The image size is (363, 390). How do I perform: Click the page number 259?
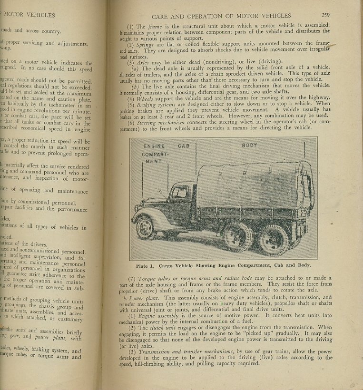(x=325, y=15)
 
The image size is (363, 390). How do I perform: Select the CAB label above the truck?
(x=183, y=146)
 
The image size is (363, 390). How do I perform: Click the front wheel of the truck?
(x=147, y=227)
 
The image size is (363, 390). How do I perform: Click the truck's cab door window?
(x=180, y=193)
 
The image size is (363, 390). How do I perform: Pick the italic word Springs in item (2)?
(x=145, y=45)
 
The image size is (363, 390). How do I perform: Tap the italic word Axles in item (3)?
(x=143, y=62)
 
